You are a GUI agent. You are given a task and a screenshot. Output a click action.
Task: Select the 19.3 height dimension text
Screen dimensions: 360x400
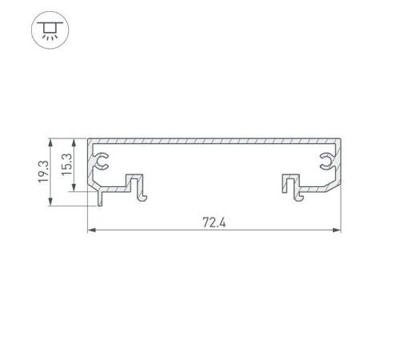tap(44, 172)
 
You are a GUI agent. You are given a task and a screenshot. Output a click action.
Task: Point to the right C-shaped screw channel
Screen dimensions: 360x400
tap(326, 163)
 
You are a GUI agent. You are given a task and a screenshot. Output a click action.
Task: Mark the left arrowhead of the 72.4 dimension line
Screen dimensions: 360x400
tap(90, 232)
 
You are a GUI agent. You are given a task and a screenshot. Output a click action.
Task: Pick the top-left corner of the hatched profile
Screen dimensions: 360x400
tap(87, 139)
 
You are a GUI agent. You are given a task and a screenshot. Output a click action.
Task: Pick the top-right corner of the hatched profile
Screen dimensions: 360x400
tap(340, 139)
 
